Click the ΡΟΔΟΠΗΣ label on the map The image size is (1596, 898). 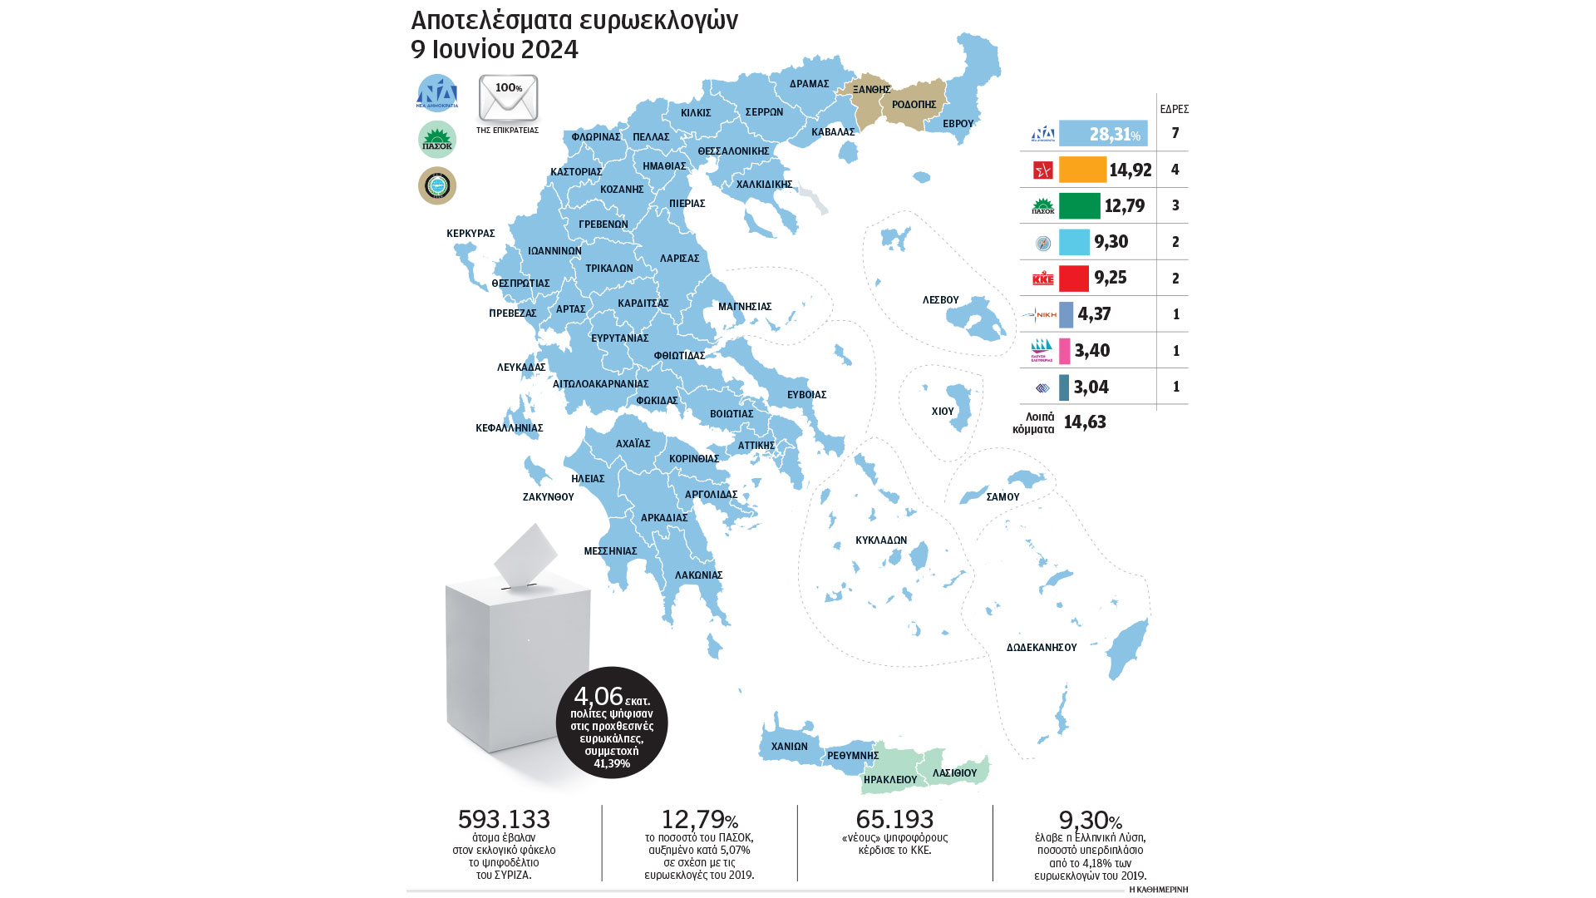click(914, 105)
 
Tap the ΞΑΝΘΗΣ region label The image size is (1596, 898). click(871, 90)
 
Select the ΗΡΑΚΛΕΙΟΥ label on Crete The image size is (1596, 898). click(889, 780)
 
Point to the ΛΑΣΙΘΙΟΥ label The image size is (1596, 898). click(954, 773)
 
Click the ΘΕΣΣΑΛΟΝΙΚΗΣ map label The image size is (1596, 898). click(733, 151)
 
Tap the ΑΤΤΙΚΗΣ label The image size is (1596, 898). click(756, 446)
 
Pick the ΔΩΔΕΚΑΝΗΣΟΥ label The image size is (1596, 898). click(1041, 648)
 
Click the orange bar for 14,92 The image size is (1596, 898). click(1082, 170)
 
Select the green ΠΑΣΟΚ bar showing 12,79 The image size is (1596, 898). click(1079, 205)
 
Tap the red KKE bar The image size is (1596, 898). click(1074, 278)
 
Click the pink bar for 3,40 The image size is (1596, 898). click(1065, 351)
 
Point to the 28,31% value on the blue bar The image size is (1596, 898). click(1114, 134)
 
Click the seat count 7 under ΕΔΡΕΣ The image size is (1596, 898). click(1175, 133)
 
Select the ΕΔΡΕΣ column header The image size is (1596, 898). click(1174, 109)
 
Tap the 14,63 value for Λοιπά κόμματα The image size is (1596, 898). click(1085, 422)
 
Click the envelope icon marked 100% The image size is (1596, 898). click(508, 98)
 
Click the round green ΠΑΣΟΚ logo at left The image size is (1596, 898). click(437, 140)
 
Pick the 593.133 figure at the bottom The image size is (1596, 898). click(504, 819)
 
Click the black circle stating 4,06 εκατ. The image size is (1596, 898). click(612, 723)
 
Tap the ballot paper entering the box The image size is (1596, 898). click(525, 553)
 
